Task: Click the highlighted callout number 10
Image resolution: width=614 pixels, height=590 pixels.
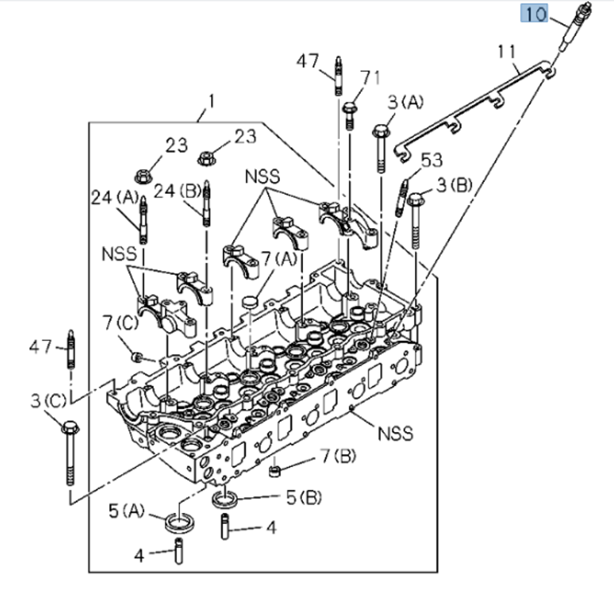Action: click(x=535, y=13)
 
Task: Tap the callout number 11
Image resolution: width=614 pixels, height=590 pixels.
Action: click(x=507, y=52)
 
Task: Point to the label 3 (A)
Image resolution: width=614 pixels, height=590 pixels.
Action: click(x=405, y=101)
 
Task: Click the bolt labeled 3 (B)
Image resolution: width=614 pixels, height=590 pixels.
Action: click(x=415, y=221)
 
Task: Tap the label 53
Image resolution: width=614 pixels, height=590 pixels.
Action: click(x=431, y=160)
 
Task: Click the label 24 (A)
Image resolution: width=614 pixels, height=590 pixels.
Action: click(x=114, y=198)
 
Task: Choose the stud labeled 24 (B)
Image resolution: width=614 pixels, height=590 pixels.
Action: click(x=206, y=202)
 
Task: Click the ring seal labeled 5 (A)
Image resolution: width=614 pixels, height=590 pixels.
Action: click(x=179, y=523)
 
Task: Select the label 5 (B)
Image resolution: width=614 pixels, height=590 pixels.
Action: click(x=304, y=497)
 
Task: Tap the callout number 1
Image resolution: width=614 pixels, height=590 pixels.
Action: click(x=211, y=101)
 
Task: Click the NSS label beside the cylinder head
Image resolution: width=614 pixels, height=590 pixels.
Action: click(x=395, y=433)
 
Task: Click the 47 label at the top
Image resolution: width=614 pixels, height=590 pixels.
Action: click(x=308, y=62)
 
